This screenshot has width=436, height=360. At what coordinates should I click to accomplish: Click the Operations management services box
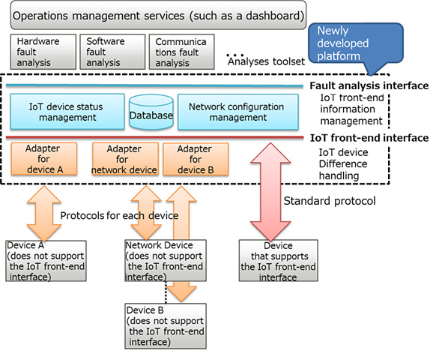coord(158,14)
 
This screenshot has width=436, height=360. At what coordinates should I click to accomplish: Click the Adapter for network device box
coord(124,159)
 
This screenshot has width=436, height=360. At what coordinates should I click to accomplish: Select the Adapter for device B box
coord(194,159)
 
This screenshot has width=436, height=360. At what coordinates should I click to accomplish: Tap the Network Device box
coord(160,261)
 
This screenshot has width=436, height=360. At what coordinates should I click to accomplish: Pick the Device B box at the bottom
coord(160,325)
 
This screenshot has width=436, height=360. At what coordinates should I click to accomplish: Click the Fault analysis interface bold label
coord(369,86)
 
